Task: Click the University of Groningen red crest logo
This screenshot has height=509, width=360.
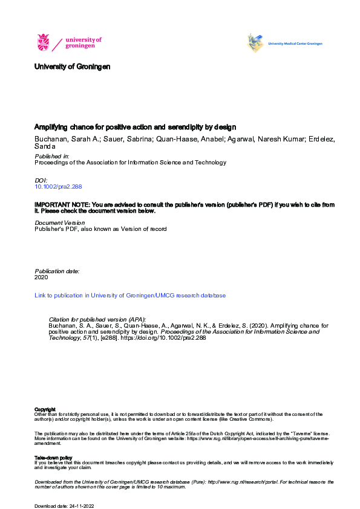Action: coord(44,42)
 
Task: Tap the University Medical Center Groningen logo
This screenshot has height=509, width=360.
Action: coord(284,43)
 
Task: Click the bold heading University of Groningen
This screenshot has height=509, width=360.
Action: coord(73,67)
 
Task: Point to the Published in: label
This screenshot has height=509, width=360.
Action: coord(52,156)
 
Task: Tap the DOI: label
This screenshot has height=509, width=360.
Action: coord(41,181)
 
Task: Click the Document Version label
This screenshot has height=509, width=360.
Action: coord(60,222)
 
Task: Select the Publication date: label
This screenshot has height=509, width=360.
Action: coord(57,271)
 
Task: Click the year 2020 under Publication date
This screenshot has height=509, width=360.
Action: coord(41,278)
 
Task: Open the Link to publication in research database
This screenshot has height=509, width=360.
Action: coord(130,296)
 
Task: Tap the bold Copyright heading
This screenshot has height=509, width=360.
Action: coord(45,409)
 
